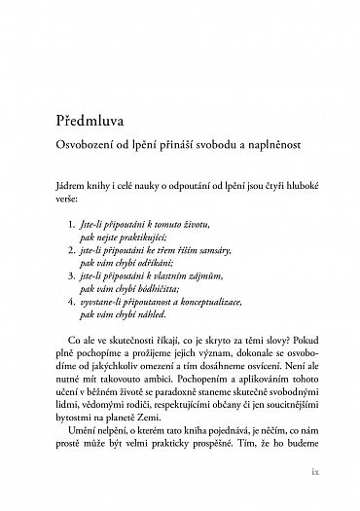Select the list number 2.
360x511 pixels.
click(x=89, y=250)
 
